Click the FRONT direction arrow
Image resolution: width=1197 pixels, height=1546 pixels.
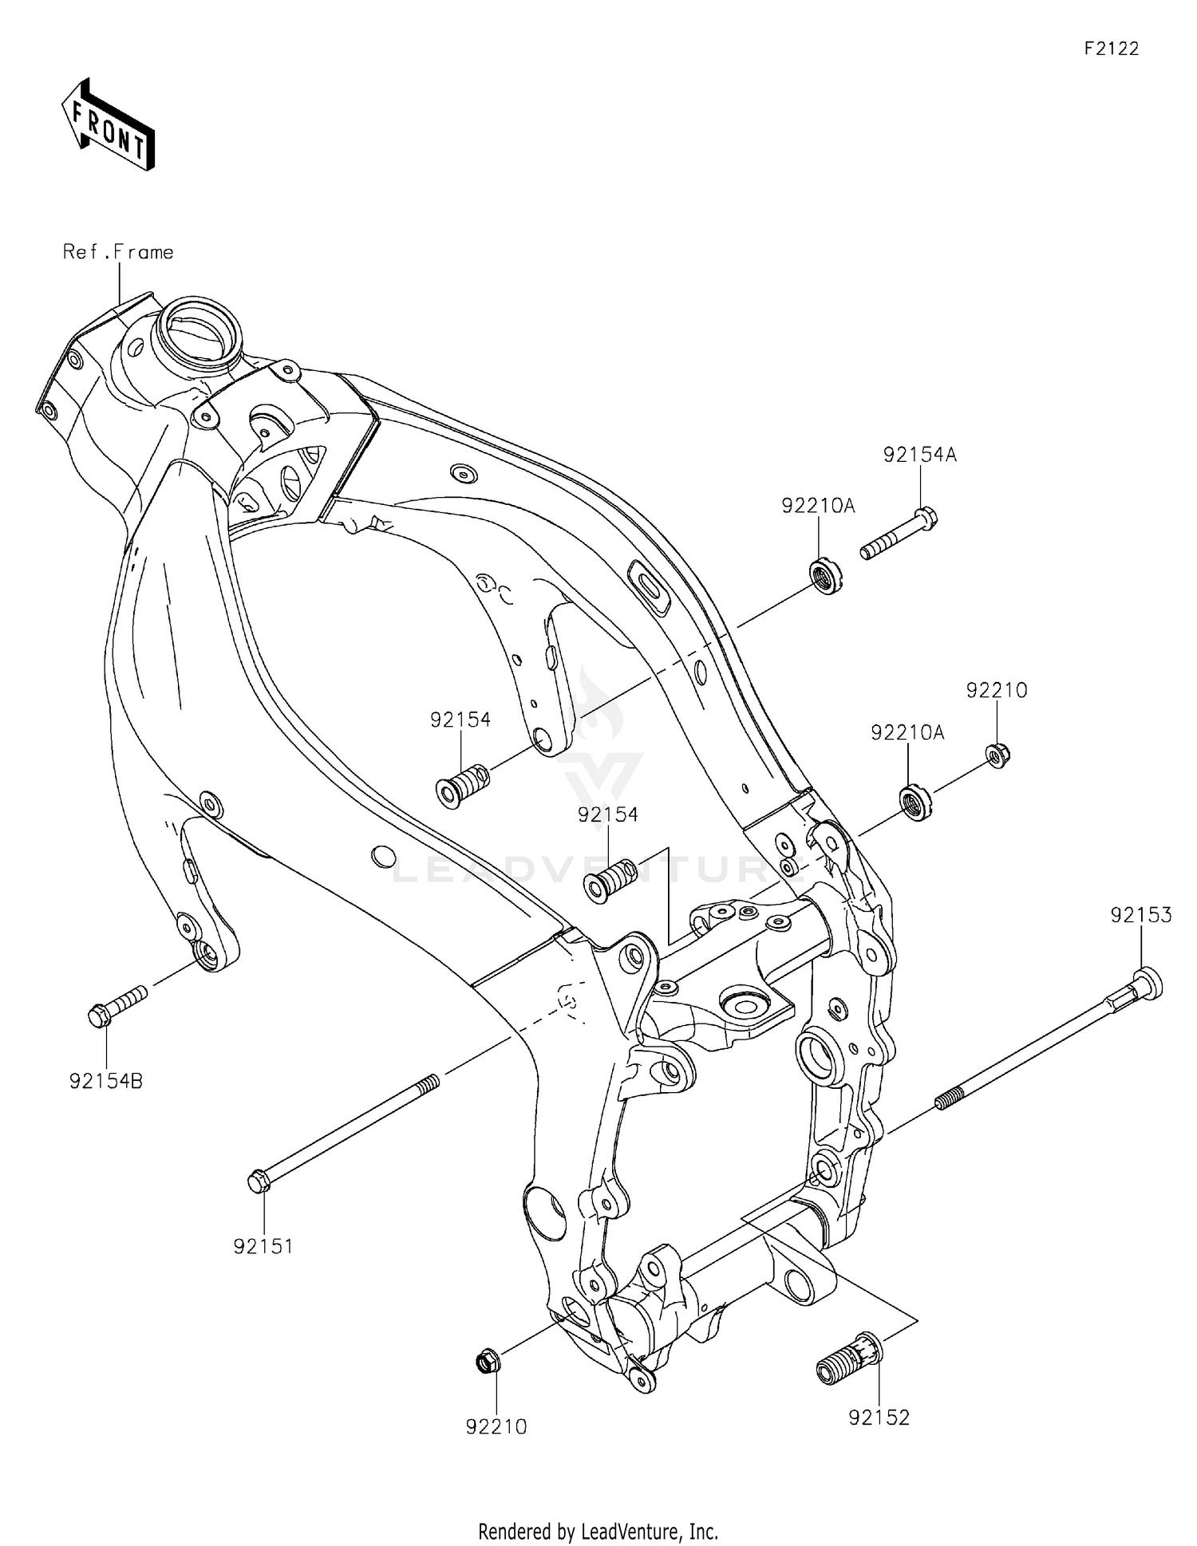pos(109,124)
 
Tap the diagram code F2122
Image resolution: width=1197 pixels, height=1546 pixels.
pos(1111,49)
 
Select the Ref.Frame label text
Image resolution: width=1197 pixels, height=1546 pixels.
pos(118,252)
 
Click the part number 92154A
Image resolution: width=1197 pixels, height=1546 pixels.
pos(919,455)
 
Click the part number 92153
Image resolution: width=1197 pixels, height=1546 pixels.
pos(1141,915)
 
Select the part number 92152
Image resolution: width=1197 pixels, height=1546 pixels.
pos(879,1418)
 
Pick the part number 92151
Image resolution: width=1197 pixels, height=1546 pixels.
pos(263,1246)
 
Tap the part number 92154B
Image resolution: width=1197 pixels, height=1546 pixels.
pos(106,1082)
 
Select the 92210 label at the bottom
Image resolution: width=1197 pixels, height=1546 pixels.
pos(496,1426)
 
